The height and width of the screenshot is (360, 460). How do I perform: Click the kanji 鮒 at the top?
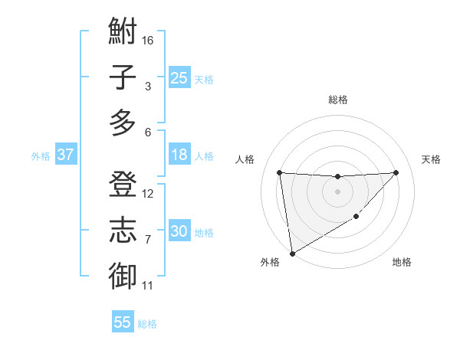click(x=123, y=33)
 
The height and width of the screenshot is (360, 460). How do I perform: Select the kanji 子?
click(x=123, y=77)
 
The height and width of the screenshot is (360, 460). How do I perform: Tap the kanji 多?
click(x=123, y=123)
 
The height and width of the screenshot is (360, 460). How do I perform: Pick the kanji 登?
click(x=123, y=185)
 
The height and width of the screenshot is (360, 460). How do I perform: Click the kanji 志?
click(x=123, y=231)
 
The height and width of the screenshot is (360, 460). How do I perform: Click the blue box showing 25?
click(x=179, y=77)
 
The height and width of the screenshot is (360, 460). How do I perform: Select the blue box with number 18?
click(x=179, y=155)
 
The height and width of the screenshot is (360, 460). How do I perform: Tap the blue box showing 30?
click(x=179, y=231)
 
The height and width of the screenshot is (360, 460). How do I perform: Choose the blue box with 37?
click(x=65, y=155)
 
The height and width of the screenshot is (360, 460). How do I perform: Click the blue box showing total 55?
click(x=123, y=322)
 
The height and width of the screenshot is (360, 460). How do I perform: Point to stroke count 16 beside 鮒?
click(x=149, y=40)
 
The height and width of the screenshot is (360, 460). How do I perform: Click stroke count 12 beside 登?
click(x=149, y=194)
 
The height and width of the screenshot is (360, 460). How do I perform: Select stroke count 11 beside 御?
click(x=148, y=286)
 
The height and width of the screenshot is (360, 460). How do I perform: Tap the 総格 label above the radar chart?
click(x=337, y=100)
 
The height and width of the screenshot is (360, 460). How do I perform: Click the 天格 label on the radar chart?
click(x=431, y=159)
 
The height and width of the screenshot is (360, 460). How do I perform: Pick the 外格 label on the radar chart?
click(x=269, y=262)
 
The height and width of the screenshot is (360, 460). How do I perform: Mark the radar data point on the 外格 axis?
click(x=291, y=254)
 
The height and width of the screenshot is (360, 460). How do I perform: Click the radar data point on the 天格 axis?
click(x=396, y=172)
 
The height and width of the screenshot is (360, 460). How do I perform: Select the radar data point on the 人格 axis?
click(x=280, y=172)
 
